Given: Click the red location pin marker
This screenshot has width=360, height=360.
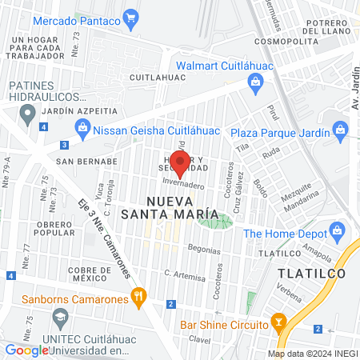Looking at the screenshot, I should [180, 163].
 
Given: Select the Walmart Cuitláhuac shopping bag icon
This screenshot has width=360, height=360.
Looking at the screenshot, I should [255, 80].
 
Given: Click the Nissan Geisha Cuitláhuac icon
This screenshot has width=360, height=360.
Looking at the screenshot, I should [82, 126].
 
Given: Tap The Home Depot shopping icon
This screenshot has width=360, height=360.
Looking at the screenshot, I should [337, 233].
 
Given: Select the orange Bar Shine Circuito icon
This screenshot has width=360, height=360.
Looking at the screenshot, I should [278, 324].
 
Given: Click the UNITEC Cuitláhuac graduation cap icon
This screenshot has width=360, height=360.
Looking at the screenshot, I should [59, 318].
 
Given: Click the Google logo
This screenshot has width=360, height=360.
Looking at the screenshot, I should [26, 350].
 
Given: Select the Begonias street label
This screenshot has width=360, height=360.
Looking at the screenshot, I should [204, 250].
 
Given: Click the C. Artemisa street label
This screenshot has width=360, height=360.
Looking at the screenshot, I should [183, 274].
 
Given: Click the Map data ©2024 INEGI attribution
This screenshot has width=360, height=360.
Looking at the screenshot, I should [312, 353].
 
